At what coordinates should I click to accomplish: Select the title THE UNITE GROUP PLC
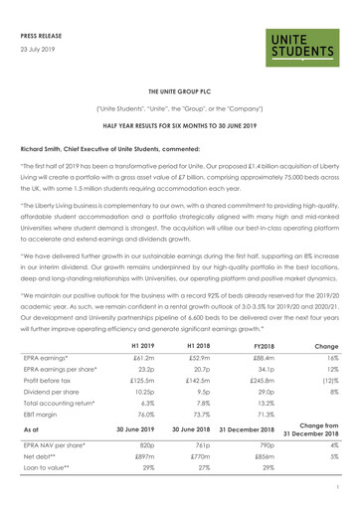[x=179, y=89]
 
